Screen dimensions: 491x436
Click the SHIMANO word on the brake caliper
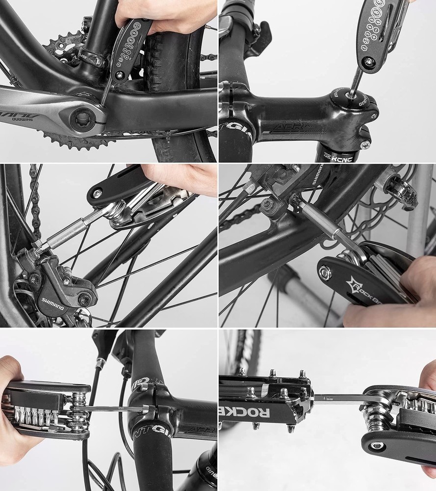point(52,304)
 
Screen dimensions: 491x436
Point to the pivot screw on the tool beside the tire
point(118,75)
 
